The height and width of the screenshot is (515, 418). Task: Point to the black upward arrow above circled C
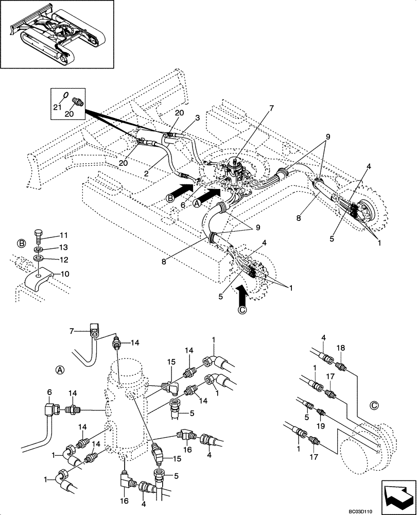(242, 298)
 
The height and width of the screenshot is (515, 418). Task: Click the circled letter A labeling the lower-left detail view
(60, 369)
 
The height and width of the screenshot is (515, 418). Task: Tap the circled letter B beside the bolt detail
(21, 242)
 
